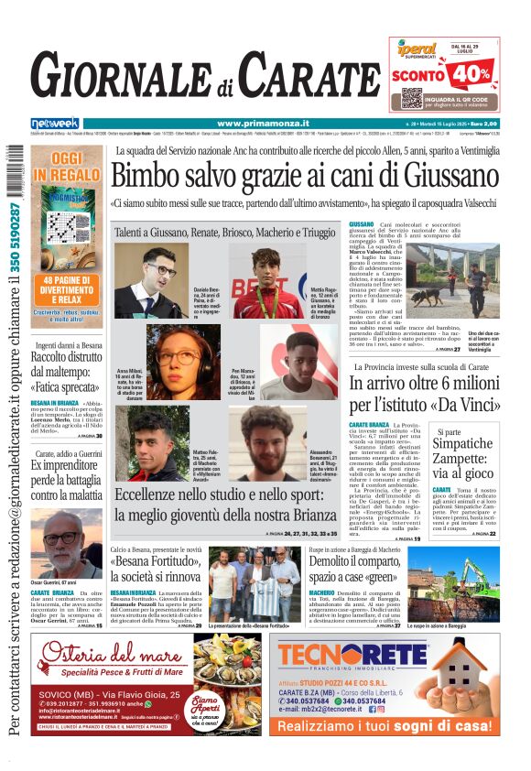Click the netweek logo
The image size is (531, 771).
pyautogui.click(x=55, y=124)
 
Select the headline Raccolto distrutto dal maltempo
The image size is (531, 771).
pyautogui.click(x=65, y=365)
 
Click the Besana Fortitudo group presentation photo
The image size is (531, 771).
pyautogui.click(x=254, y=585)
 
